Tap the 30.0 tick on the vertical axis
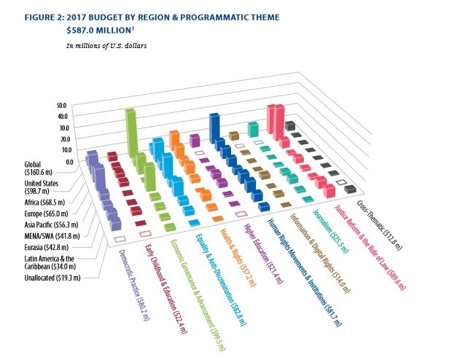click(61, 128)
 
